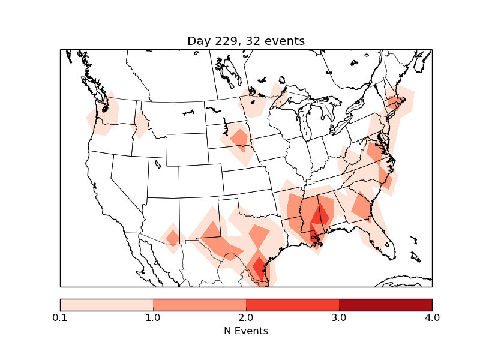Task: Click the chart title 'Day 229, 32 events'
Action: (x=246, y=41)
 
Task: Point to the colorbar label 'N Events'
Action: (x=246, y=331)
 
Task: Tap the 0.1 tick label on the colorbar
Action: (x=60, y=317)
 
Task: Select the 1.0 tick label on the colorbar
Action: (x=153, y=317)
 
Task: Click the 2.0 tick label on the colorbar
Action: (x=246, y=317)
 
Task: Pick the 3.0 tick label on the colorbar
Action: (x=339, y=317)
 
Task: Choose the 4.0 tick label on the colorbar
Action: (x=431, y=317)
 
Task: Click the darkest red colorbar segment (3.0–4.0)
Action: (x=385, y=305)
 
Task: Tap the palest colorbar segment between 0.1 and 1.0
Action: (x=106, y=305)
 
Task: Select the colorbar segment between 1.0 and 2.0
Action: (x=199, y=305)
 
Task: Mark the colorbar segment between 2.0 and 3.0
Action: (x=292, y=305)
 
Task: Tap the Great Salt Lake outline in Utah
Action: (x=158, y=164)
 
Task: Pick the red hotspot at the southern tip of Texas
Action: (x=260, y=268)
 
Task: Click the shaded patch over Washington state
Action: (x=103, y=114)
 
